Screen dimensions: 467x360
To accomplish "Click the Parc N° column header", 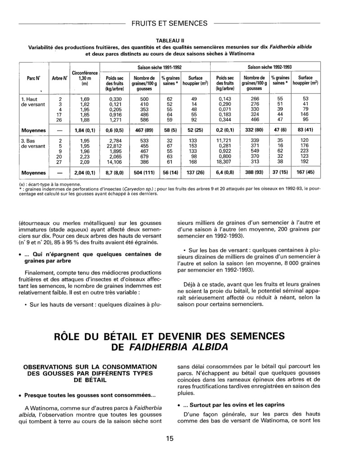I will coord(33,77).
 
